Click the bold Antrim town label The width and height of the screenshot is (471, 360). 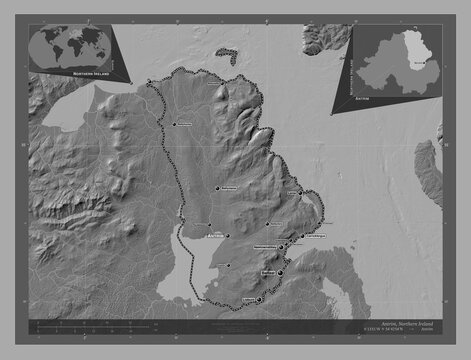click(212, 236)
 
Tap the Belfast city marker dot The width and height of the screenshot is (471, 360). click(280, 271)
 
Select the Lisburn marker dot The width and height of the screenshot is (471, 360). click(259, 298)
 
